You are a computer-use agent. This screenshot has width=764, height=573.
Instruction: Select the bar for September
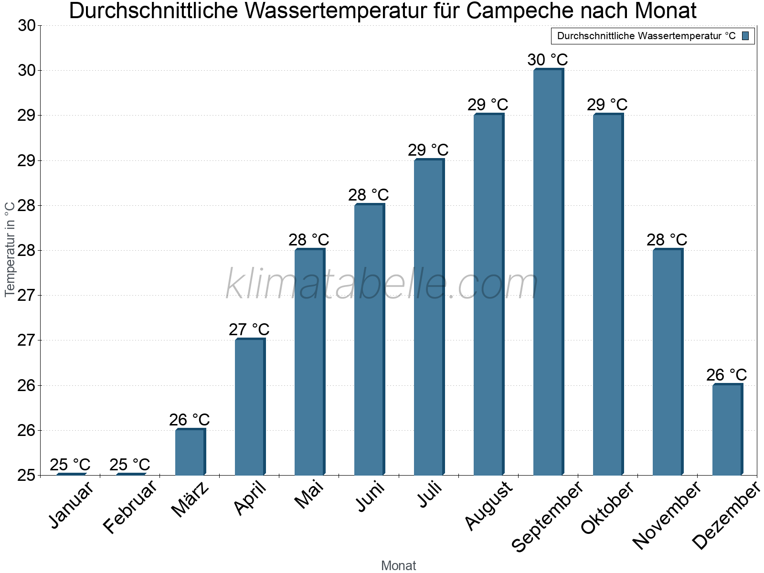pyautogui.click(x=548, y=272)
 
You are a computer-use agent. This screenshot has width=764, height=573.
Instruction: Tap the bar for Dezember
pyautogui.click(x=727, y=430)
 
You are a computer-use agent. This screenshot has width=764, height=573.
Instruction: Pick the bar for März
pyautogui.click(x=190, y=452)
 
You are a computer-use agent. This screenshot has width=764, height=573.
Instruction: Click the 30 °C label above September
pyautogui.click(x=548, y=60)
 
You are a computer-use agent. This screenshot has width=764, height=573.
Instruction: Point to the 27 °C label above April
pyautogui.click(x=249, y=330)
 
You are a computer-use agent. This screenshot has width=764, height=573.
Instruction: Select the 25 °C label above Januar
pyautogui.click(x=70, y=465)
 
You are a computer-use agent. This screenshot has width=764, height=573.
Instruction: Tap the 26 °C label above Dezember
pyautogui.click(x=727, y=375)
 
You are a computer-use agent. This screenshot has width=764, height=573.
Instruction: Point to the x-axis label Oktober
pyautogui.click(x=607, y=508)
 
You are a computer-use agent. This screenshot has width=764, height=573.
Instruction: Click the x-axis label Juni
pyautogui.click(x=370, y=497)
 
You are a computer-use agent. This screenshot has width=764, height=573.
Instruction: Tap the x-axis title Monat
pyautogui.click(x=399, y=566)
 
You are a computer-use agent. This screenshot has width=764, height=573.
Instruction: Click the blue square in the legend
pyautogui.click(x=745, y=36)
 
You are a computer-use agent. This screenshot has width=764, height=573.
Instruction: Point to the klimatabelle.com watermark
pyautogui.click(x=382, y=284)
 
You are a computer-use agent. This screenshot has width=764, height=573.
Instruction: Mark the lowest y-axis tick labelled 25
pyautogui.click(x=26, y=476)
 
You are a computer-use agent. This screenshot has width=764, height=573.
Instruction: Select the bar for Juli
pyautogui.click(x=429, y=318)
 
